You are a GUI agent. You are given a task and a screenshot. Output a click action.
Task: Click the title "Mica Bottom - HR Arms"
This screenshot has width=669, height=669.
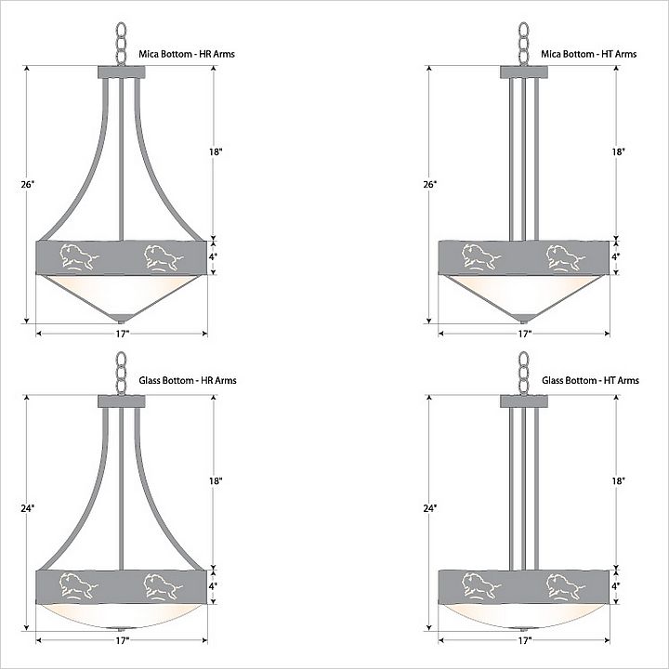pos(187,54)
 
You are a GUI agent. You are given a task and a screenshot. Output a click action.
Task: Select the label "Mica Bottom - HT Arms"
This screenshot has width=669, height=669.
pos(589,54)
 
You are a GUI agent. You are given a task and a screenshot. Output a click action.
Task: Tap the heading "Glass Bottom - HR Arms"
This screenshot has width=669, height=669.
pos(188,380)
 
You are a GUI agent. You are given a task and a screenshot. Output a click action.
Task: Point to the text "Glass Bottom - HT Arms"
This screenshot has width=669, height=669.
pos(590,380)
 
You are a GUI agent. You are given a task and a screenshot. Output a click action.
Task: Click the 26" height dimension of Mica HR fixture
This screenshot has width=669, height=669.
pos(27,184)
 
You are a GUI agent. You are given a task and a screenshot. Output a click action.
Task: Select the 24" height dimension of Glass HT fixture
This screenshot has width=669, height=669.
pos(430,508)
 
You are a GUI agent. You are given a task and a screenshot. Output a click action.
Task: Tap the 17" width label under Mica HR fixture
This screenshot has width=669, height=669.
pos(122,334)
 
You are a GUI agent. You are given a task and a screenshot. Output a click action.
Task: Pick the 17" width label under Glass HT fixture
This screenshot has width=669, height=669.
pos(525,640)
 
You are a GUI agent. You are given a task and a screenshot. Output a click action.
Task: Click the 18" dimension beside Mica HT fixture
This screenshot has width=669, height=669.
pos(619,151)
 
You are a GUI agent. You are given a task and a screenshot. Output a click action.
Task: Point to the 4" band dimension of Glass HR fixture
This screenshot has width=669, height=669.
pos(213,586)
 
